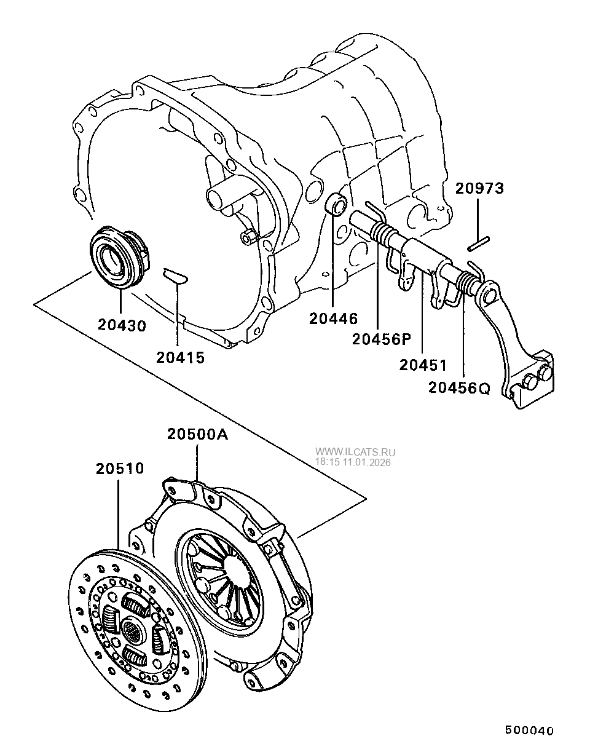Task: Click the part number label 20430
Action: coord(122,325)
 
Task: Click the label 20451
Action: coord(423,365)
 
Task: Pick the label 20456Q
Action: coord(459,388)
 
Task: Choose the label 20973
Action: coord(479,189)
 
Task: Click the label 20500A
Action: coord(197,435)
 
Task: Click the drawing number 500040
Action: coord(529,730)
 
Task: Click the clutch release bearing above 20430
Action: coord(117,258)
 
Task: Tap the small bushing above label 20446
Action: coord(336,204)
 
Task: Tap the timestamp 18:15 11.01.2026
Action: coord(353,462)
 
